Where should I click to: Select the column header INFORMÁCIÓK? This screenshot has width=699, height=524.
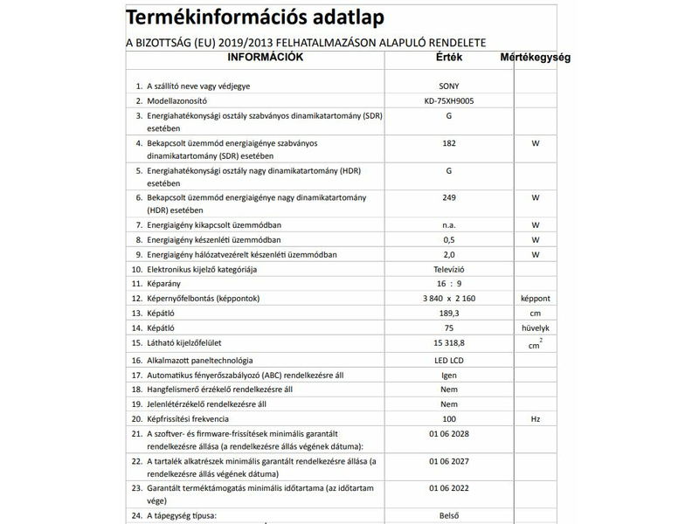265,58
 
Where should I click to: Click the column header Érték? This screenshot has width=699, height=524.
448,58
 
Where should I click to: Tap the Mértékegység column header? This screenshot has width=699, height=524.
535,59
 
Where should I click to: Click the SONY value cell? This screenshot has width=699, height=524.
448,86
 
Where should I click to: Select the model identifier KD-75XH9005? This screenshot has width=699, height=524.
448,101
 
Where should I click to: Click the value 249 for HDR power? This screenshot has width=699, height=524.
448,198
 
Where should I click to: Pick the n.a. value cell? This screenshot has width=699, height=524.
448,225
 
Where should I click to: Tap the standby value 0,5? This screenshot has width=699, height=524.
448,240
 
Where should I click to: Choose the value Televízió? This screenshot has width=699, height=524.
448,269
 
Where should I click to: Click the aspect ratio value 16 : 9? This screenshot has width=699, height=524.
448,284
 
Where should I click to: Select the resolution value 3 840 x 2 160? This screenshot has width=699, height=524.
448,299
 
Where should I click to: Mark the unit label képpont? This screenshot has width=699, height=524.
535,299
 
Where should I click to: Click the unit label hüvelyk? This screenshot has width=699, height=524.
535,327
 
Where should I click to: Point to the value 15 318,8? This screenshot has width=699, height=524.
448,344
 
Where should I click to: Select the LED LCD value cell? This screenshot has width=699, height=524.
448,361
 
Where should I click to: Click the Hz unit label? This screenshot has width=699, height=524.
535,419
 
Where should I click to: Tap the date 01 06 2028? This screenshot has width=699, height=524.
448,434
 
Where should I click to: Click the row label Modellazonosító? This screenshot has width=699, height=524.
186,101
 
